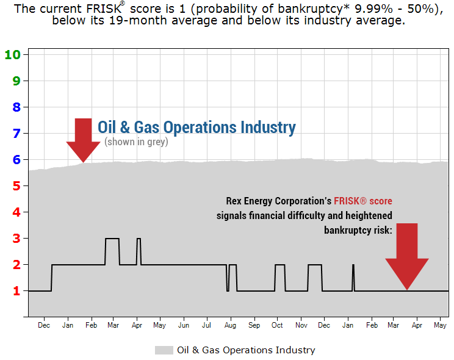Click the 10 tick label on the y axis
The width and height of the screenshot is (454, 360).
12,54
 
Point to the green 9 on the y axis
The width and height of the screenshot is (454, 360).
16,81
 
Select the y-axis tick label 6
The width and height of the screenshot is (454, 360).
16,160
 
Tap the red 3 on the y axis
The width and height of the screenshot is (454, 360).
16,239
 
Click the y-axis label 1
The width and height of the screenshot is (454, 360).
16,291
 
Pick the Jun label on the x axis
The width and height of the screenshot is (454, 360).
184,325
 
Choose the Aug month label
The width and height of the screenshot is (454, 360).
230,326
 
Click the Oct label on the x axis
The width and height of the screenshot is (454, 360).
277,325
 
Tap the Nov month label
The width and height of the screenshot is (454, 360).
301,325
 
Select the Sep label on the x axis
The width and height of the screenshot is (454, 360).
254,326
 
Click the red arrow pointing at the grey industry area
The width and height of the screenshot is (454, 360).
83,140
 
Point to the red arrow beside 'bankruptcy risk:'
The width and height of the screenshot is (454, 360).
407,256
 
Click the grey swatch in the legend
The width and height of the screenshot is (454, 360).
164,350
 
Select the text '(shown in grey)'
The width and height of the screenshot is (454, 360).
136,142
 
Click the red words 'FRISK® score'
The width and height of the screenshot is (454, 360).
363,201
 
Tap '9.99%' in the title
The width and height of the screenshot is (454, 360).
373,9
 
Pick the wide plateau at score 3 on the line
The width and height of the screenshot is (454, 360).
112,239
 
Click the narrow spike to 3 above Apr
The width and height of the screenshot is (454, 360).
139,239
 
